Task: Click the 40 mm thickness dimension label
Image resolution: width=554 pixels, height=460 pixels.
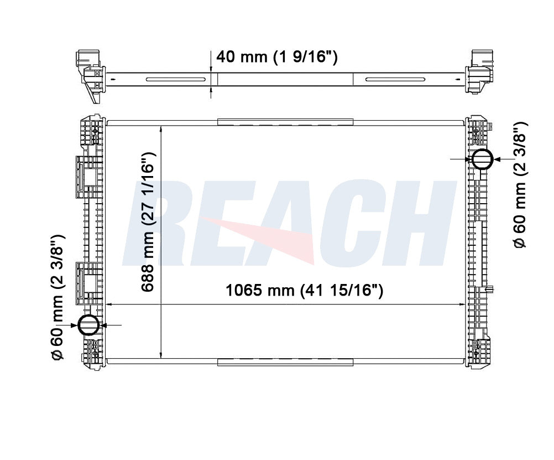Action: point(276,56)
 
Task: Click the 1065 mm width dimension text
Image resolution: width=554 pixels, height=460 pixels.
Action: point(304,290)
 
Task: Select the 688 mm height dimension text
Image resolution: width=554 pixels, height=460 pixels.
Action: point(148,222)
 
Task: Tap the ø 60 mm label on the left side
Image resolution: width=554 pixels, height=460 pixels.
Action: point(58,297)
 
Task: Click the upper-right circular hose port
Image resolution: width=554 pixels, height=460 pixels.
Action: point(482,159)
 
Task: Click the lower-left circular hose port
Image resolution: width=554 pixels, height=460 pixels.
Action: point(88,325)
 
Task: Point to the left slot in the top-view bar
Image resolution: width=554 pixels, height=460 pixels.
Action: point(176,80)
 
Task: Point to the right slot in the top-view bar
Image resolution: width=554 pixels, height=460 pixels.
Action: point(395,80)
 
